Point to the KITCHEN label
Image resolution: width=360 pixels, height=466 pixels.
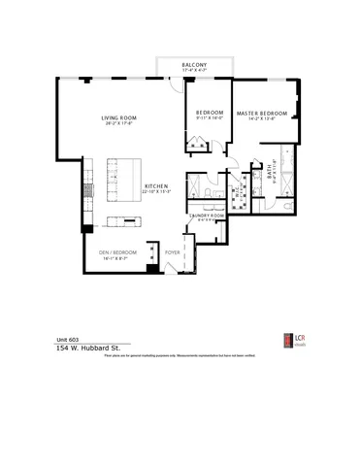[157, 185]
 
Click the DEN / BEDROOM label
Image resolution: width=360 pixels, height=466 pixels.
[117, 252]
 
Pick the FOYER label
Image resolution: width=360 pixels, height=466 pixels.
[173, 252]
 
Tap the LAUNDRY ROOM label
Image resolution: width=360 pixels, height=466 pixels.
[206, 215]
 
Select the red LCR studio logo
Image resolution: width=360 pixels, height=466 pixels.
[286, 341]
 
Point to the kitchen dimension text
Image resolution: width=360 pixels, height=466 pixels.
[157, 192]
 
